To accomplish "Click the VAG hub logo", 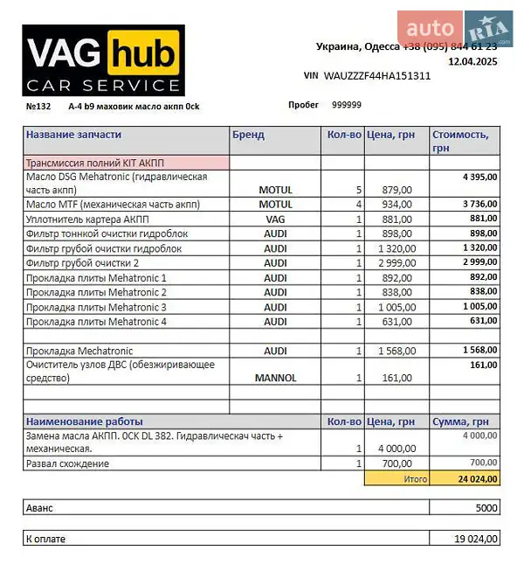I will [x=103, y=60].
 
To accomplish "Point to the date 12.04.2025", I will [x=472, y=62].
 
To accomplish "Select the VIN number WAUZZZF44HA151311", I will [x=377, y=76].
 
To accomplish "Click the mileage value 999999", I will [x=347, y=105].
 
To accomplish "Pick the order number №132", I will [x=39, y=106].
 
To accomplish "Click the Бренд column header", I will [x=248, y=136].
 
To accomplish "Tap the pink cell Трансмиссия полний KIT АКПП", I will [x=95, y=163].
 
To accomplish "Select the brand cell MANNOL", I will [x=275, y=379].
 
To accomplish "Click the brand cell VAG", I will [x=275, y=219].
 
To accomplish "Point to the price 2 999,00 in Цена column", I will [x=393, y=263].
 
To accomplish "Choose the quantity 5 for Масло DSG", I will [x=359, y=190].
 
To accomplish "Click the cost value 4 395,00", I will [x=479, y=177].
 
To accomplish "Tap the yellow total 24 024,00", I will [x=478, y=478].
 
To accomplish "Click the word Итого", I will [x=415, y=479].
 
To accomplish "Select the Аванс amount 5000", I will [x=486, y=508].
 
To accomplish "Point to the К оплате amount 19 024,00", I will [x=476, y=540].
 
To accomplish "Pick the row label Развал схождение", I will [x=68, y=463].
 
